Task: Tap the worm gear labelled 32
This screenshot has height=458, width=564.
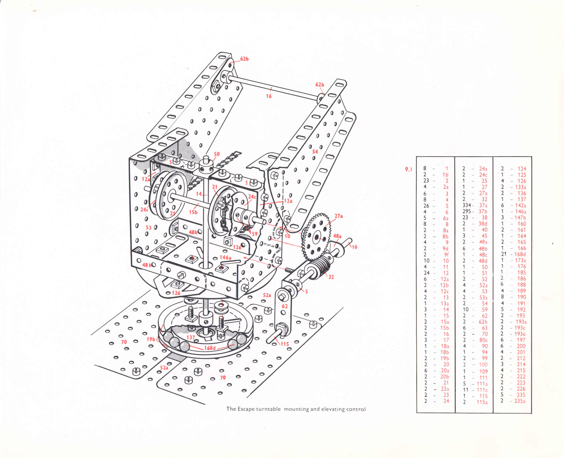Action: [322, 265]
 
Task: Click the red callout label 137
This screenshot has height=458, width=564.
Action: [191, 337]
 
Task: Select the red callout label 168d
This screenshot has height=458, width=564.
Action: [210, 348]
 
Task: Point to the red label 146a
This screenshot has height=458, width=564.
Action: [225, 258]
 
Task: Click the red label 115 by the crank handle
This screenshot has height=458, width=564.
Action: [285, 344]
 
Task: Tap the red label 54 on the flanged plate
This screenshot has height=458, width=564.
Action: [315, 152]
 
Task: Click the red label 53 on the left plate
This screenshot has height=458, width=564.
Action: [148, 228]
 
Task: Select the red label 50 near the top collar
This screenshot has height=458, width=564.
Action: [217, 154]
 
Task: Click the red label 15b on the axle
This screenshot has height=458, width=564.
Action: [193, 212]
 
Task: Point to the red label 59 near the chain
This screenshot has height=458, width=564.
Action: [255, 234]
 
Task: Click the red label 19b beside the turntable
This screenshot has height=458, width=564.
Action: [151, 339]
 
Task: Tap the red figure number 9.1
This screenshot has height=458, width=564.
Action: [409, 169]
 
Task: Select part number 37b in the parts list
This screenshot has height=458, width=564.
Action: [483, 211]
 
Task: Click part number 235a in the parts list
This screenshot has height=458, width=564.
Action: [520, 401]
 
